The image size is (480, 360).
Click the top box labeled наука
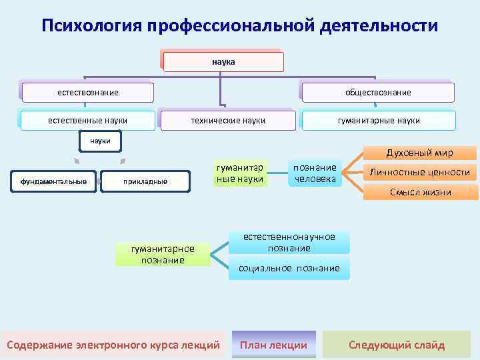tap(223, 62)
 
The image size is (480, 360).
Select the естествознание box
tap(87, 92)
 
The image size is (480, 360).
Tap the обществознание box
tap(378, 92)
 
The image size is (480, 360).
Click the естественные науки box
tap(87, 121)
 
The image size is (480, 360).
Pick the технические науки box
tap(228, 121)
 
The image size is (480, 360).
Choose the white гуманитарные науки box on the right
tap(379, 121)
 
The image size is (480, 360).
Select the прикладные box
tap(145, 181)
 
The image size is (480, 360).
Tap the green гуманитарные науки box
tap(240, 173)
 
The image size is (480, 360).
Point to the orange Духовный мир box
tap(421, 153)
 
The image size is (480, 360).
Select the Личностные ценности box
tap(420, 173)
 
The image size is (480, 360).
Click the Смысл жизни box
tap(420, 192)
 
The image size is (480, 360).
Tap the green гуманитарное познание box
tap(163, 254)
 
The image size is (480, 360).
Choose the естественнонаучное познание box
tap(289, 243)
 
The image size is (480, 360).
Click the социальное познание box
tap(289, 268)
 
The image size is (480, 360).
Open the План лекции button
tap(273, 345)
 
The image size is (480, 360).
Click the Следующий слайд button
tap(397, 345)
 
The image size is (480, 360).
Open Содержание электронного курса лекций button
tap(113, 345)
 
